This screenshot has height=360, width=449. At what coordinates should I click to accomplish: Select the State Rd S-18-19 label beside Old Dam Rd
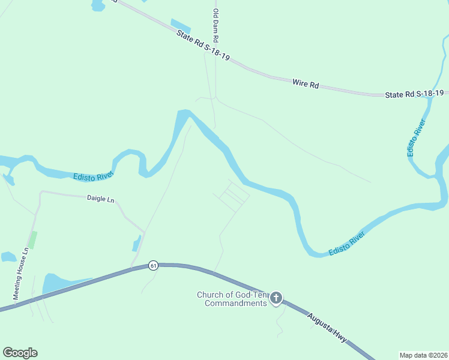tap(203, 46)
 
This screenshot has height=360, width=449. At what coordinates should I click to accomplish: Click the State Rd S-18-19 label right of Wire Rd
tap(414, 94)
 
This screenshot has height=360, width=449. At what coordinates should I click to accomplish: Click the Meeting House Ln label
tap(22, 274)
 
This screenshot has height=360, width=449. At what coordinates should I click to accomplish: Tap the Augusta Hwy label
tap(327, 328)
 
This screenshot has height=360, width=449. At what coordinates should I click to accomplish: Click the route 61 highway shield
tap(154, 265)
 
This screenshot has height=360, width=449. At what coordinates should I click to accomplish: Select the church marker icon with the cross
tap(276, 298)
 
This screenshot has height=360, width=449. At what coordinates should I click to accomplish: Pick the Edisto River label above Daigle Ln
tap(93, 176)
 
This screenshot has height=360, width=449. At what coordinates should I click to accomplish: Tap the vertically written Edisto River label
tap(416, 139)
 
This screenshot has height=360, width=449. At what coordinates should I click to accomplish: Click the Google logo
tap(20, 353)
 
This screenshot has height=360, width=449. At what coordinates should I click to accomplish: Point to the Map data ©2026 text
tap(423, 355)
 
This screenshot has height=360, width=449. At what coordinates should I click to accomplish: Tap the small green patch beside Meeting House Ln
tap(33, 239)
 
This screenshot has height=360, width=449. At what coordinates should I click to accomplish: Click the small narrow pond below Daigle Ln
tap(137, 243)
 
